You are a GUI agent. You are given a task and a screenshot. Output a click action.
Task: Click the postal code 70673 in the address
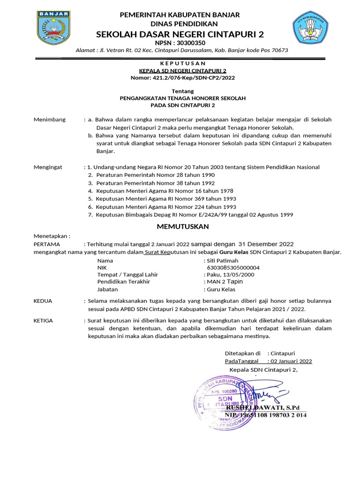pos(278,51)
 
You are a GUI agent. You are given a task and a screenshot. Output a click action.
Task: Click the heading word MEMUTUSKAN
pos(182,226)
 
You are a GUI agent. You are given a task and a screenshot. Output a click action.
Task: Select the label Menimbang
pos(50,120)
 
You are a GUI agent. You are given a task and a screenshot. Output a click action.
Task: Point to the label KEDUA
pos(43,301)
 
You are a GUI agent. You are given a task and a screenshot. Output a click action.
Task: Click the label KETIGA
pos(44,321)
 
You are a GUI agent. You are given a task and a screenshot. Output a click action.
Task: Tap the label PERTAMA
pos(46,244)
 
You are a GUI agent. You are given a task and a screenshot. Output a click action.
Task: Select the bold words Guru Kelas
pos(234,252)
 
